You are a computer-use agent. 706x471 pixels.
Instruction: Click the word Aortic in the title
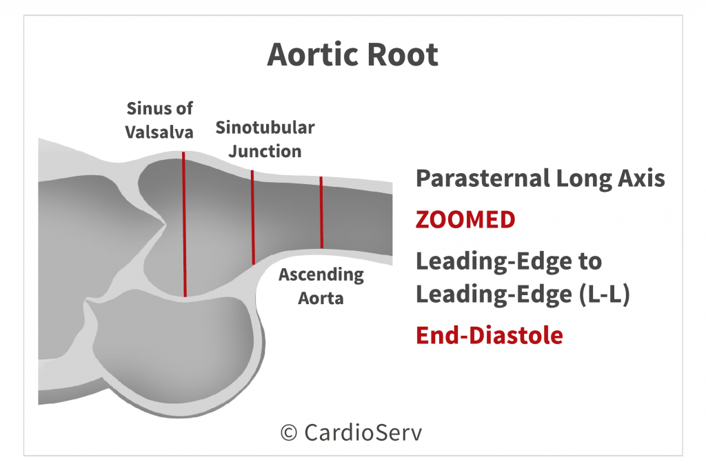[x=314, y=54]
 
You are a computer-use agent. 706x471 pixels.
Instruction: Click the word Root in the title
[x=403, y=54]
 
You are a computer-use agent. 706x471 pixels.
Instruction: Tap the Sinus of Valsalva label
[x=159, y=120]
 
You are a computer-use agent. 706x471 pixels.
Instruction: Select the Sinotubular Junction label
[x=265, y=139]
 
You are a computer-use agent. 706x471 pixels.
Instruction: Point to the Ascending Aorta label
[x=321, y=286]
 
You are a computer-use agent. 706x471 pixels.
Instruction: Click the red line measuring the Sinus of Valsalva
[x=184, y=224]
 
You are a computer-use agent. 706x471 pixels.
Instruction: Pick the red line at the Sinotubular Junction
[x=253, y=217]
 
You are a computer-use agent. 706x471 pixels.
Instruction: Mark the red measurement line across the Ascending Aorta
[x=321, y=212]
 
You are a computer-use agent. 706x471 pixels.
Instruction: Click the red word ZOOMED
[x=465, y=220]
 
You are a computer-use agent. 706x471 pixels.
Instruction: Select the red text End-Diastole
[x=490, y=335]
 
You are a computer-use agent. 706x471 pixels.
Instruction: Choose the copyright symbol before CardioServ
[x=289, y=433]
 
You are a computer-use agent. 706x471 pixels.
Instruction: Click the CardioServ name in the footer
[x=363, y=432]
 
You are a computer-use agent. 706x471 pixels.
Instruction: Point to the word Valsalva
[x=159, y=132]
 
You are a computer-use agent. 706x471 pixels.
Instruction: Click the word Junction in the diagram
[x=265, y=151]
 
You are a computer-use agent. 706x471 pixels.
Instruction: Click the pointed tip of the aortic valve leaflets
[x=165, y=223]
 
